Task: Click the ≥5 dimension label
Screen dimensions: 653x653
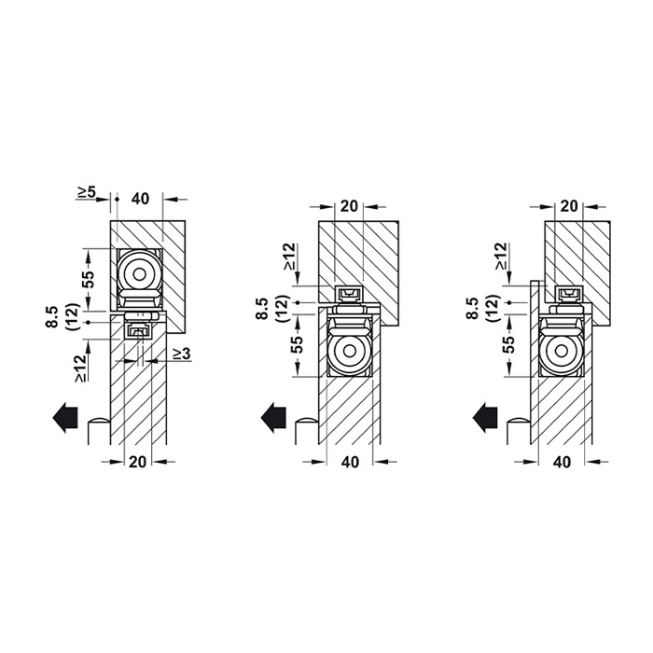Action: [x=86, y=192]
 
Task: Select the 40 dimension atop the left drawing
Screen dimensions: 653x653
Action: [x=140, y=199]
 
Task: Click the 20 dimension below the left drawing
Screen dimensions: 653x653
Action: [x=138, y=462]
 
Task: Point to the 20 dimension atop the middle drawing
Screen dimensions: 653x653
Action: [x=349, y=206]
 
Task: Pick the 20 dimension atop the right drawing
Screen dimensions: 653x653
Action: [x=569, y=206]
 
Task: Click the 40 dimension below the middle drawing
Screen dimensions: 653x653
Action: [x=350, y=462]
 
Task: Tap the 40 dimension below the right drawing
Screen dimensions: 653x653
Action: [x=562, y=462]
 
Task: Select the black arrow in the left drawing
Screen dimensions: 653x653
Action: [x=65, y=418]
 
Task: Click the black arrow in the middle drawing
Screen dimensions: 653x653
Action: [x=273, y=418]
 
